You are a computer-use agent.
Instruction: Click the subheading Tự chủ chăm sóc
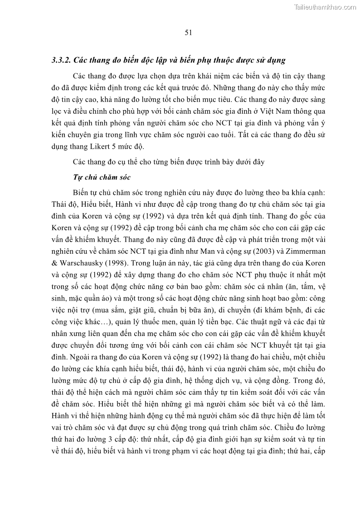pos(102,177)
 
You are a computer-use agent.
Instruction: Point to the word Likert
pos(122,146)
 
